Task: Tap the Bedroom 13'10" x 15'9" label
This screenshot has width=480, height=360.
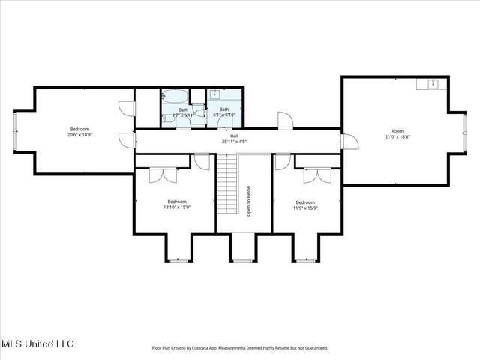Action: (177, 204)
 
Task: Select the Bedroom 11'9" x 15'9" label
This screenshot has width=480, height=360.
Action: (305, 204)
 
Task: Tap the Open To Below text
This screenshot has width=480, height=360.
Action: (249, 202)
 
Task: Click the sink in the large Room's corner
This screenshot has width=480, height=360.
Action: (433, 83)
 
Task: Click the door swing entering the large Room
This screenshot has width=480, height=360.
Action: (351, 142)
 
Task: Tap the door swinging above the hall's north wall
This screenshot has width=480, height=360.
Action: (286, 120)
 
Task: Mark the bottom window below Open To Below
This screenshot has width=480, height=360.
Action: (242, 260)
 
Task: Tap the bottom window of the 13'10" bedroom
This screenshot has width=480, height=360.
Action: (177, 260)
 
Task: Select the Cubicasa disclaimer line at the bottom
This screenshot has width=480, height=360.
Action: (240, 348)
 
